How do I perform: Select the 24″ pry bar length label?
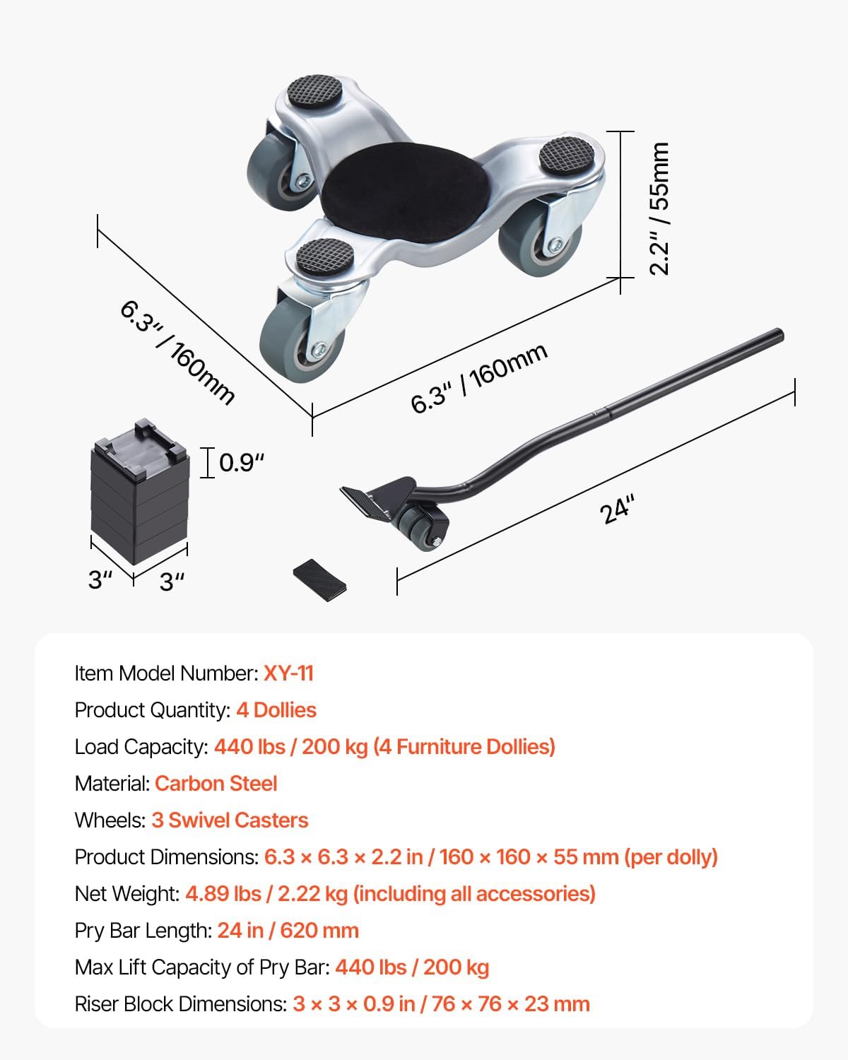point(618,510)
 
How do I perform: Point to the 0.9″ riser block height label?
point(241,463)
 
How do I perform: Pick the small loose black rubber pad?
point(319,580)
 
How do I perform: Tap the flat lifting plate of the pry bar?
point(365,502)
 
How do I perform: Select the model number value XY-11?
point(288,673)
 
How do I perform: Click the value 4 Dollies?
point(276,709)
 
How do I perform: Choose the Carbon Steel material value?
point(216,783)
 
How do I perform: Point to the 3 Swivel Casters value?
point(230,820)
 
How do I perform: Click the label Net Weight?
point(127,893)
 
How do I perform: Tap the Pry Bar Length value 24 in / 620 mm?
point(288,930)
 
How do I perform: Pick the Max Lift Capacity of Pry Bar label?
point(202,967)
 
